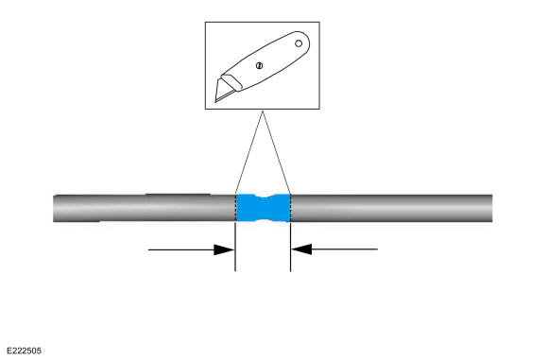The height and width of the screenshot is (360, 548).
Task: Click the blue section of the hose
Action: point(264,208)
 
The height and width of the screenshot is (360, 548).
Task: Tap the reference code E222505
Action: point(24,351)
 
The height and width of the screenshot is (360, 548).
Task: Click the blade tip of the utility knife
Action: point(215,101)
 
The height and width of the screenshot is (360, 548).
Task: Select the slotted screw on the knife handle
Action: point(259,65)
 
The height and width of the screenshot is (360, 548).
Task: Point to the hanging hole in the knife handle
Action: point(299,43)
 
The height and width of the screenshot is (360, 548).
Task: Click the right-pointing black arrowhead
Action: point(224,249)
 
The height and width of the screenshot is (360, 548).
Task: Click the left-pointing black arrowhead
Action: point(301,249)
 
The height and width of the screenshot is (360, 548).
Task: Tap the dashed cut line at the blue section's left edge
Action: point(236,208)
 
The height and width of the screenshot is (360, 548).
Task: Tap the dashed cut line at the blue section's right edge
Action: point(290,208)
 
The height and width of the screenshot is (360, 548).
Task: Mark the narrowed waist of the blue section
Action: point(264,208)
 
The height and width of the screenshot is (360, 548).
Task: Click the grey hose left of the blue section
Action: point(145,208)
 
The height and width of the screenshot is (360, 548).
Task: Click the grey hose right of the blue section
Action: point(391,208)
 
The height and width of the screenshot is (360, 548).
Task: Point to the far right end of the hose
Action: point(492,208)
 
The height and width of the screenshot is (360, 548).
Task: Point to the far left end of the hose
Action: point(54,208)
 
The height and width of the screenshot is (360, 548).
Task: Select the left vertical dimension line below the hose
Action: point(235,247)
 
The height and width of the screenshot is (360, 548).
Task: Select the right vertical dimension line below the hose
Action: point(290,247)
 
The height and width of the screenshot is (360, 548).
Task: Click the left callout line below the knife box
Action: point(249,152)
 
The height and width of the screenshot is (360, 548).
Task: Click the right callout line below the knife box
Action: point(277,152)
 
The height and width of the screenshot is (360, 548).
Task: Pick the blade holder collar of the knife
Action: point(231,82)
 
